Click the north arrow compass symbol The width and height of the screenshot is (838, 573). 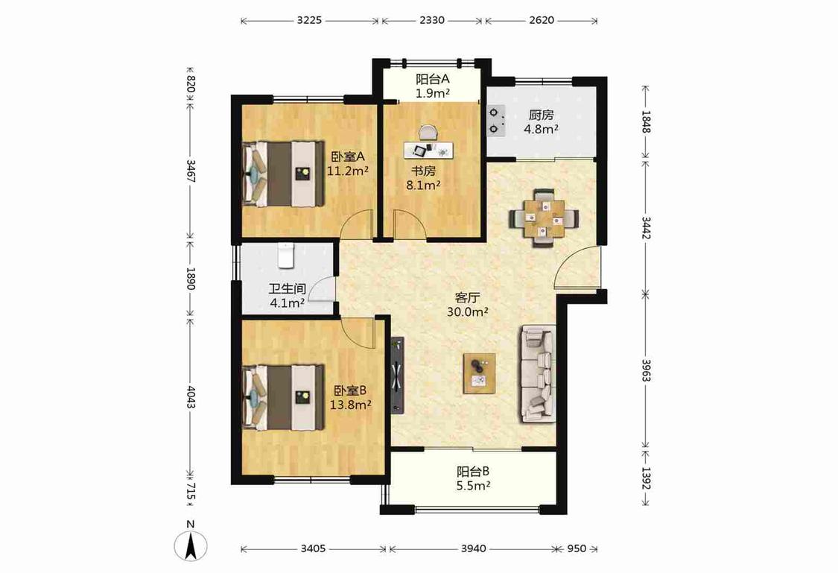[191, 546]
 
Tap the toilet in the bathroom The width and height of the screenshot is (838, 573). [287, 256]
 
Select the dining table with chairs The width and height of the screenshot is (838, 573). [544, 218]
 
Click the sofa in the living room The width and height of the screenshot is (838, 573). [536, 373]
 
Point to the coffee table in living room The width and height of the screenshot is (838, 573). [479, 373]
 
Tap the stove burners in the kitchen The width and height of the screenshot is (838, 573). [497, 120]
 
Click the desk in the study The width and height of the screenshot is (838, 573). [428, 149]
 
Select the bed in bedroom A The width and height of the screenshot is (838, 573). [284, 174]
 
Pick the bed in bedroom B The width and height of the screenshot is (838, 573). [284, 397]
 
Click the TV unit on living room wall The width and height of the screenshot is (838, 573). [398, 375]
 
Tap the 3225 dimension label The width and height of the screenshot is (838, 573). [309, 20]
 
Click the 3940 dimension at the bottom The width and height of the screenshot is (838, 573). [474, 548]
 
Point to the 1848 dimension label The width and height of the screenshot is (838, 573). [646, 122]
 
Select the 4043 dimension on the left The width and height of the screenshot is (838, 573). [191, 396]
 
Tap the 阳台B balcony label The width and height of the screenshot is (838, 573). [474, 472]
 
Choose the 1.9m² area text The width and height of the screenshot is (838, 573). [432, 94]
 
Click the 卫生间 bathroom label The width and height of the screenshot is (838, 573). [287, 289]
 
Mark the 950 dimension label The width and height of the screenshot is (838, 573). [577, 548]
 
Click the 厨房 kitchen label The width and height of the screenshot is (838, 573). [542, 115]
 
